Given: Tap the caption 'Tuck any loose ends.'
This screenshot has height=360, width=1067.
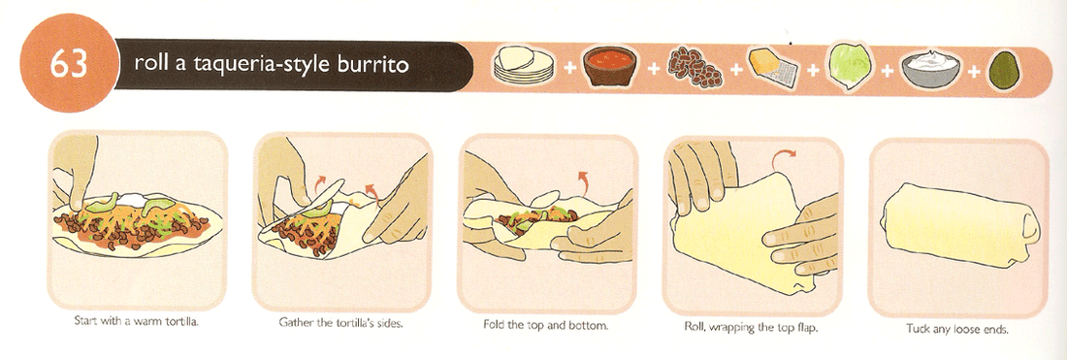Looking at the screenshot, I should click(958, 328).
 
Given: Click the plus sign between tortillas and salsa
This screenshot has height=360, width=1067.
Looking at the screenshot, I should click(567, 67).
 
